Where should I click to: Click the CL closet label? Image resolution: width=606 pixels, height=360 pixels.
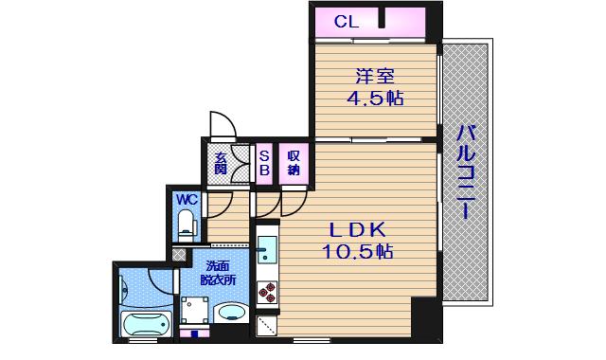[x=347, y=22]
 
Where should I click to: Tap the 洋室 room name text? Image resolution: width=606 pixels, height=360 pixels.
[x=375, y=77]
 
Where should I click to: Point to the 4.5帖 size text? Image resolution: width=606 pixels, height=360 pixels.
[x=375, y=99]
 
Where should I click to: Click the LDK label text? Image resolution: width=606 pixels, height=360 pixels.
[x=357, y=230]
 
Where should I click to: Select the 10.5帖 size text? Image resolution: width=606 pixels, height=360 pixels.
[x=357, y=252]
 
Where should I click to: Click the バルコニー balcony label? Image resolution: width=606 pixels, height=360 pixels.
[x=466, y=172]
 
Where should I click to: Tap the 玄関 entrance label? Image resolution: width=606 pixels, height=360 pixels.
[x=221, y=163]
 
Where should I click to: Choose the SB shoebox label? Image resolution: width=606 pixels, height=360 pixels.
[x=264, y=163]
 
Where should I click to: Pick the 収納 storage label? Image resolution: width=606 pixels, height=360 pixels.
[x=294, y=163]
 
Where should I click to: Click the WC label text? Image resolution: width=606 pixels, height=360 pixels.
[x=187, y=200]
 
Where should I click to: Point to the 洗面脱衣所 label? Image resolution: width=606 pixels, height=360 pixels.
[x=218, y=273]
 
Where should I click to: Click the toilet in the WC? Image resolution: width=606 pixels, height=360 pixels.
[x=187, y=225]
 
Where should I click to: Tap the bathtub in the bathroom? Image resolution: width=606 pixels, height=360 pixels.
[x=146, y=324]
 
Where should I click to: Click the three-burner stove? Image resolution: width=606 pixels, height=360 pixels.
[x=267, y=292]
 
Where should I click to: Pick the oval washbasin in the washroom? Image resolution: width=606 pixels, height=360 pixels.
[x=231, y=313]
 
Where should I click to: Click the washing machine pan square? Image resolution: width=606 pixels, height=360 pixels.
[x=194, y=310]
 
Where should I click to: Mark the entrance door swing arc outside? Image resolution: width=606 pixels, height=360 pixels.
[x=223, y=124]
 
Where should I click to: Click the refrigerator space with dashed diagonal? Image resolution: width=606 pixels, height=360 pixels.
[x=267, y=325]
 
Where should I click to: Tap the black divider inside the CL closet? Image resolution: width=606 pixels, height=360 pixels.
[x=382, y=18]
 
